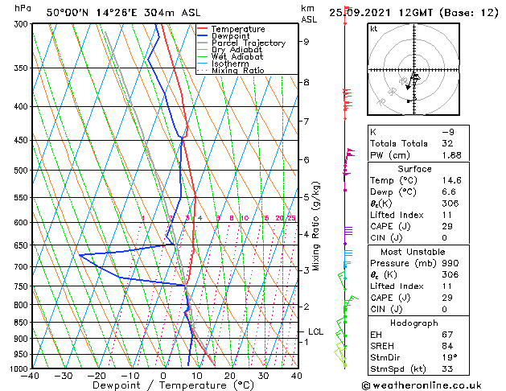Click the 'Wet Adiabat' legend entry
click(237, 57)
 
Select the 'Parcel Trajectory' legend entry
click(248, 43)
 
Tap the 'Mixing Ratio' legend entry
click(238, 71)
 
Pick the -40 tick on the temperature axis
click(31, 376)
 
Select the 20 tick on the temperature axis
click(230, 376)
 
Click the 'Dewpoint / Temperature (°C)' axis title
click(163, 385)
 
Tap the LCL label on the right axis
click(316, 331)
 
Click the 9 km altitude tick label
click(306, 42)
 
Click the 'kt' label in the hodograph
click(374, 28)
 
